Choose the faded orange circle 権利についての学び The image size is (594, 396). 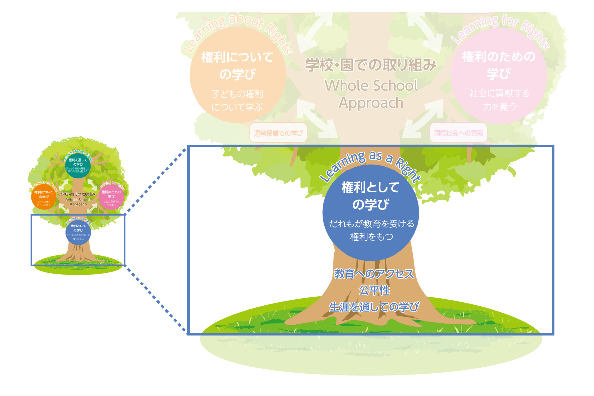click(237, 75)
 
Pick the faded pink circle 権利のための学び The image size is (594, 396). click(499, 75)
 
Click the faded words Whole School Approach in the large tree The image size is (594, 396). click(371, 94)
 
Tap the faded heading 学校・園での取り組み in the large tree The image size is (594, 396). click(371, 65)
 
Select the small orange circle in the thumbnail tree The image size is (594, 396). click(44, 197)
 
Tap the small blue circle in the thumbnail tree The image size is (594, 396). click(78, 232)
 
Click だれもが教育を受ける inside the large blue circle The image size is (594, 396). click(371, 224)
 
